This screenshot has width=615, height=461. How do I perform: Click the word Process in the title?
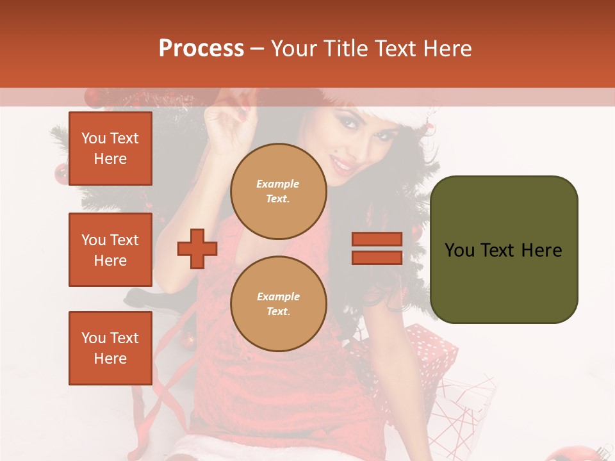[x=201, y=49]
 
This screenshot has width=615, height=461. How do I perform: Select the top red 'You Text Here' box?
[x=110, y=149]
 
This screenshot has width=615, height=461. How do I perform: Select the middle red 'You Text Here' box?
[x=110, y=250]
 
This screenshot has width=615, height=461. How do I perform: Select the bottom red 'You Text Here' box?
[x=110, y=348]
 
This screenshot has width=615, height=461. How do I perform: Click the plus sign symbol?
[x=197, y=248]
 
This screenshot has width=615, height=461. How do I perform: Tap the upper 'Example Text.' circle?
[x=279, y=191]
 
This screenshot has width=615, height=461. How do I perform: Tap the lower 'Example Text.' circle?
[x=279, y=304]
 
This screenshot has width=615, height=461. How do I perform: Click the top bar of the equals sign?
[x=377, y=239]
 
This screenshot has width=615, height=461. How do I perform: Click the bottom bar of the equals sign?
[x=377, y=257]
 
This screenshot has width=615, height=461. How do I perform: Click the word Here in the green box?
[x=541, y=250]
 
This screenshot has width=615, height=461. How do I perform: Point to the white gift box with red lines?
[x=464, y=410]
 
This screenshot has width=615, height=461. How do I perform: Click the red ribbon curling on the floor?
[x=154, y=410]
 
